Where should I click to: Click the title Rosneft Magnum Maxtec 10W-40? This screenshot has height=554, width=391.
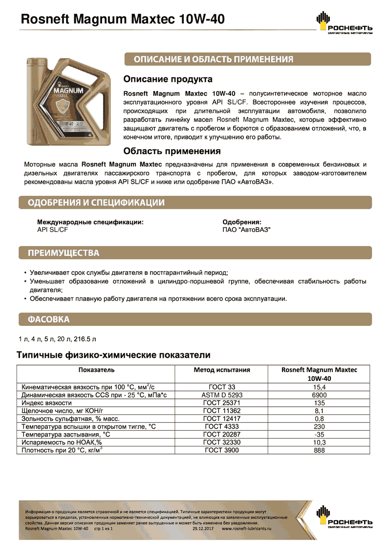(x=121, y=19)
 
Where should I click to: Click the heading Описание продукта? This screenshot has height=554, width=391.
(x=168, y=79)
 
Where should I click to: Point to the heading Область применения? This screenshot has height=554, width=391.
(x=172, y=151)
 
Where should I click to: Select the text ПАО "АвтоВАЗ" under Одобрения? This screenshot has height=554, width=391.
(x=246, y=229)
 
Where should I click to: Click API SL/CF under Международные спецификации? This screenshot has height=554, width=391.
(x=53, y=229)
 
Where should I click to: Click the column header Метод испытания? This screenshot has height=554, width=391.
(x=222, y=370)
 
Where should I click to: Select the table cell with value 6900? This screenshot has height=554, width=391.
(x=319, y=394)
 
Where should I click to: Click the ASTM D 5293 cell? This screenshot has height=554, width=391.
(x=222, y=394)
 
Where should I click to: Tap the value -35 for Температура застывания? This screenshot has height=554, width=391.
(x=319, y=435)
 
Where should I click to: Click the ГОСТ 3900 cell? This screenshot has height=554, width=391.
(x=221, y=450)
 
